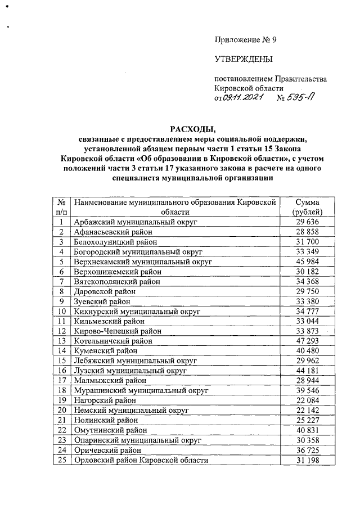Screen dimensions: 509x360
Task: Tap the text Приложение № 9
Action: coord(246,39)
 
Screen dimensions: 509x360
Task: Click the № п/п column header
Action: coord(61,207)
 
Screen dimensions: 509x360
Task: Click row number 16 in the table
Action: coord(61,371)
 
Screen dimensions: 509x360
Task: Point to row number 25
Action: coord(61,460)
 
